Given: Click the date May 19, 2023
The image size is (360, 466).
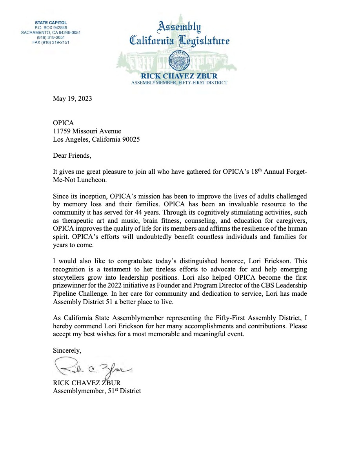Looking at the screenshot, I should (x=73, y=98).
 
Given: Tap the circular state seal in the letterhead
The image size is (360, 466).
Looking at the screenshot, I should (x=179, y=61).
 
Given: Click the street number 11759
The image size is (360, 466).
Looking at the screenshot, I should (x=62, y=131).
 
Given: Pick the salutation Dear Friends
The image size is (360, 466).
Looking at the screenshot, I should (x=72, y=155).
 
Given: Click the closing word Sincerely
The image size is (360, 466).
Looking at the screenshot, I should (x=67, y=350).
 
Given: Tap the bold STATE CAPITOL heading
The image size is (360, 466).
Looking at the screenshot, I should (x=51, y=23).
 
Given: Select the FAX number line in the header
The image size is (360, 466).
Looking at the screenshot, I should (x=51, y=42).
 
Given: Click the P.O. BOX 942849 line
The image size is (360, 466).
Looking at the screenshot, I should (x=51, y=27).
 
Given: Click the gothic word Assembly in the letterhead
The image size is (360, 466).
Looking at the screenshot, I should (x=180, y=27).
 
